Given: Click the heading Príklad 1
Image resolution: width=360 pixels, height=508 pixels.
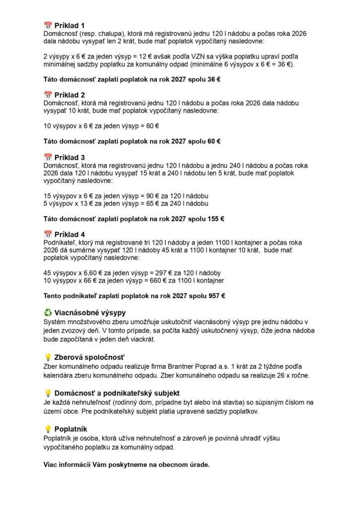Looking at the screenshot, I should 70,25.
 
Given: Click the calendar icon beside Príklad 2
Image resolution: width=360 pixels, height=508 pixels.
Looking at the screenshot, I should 48,95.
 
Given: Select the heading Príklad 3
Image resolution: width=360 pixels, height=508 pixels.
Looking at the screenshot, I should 70,158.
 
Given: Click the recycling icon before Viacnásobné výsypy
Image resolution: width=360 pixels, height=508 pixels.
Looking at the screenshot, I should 48,313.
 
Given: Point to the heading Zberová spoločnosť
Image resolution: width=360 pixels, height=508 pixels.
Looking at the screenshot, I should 89,357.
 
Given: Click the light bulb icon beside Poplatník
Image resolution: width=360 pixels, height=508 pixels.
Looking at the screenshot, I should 48,429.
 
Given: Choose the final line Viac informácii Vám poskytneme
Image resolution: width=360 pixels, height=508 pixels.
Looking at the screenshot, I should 127,465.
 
